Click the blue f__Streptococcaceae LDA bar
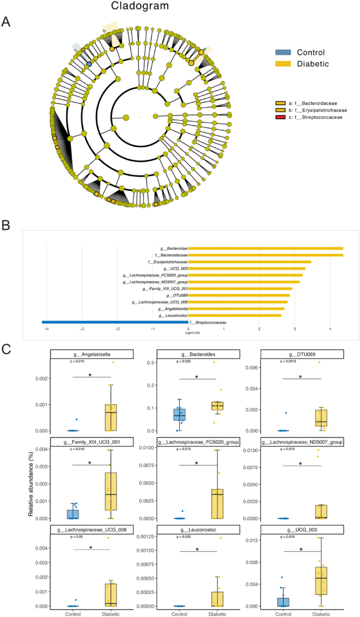pyautogui.click(x=115, y=322)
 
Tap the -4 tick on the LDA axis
pyautogui.click(x=46, y=330)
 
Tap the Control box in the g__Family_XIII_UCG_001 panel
pyautogui.click(x=73, y=513)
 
